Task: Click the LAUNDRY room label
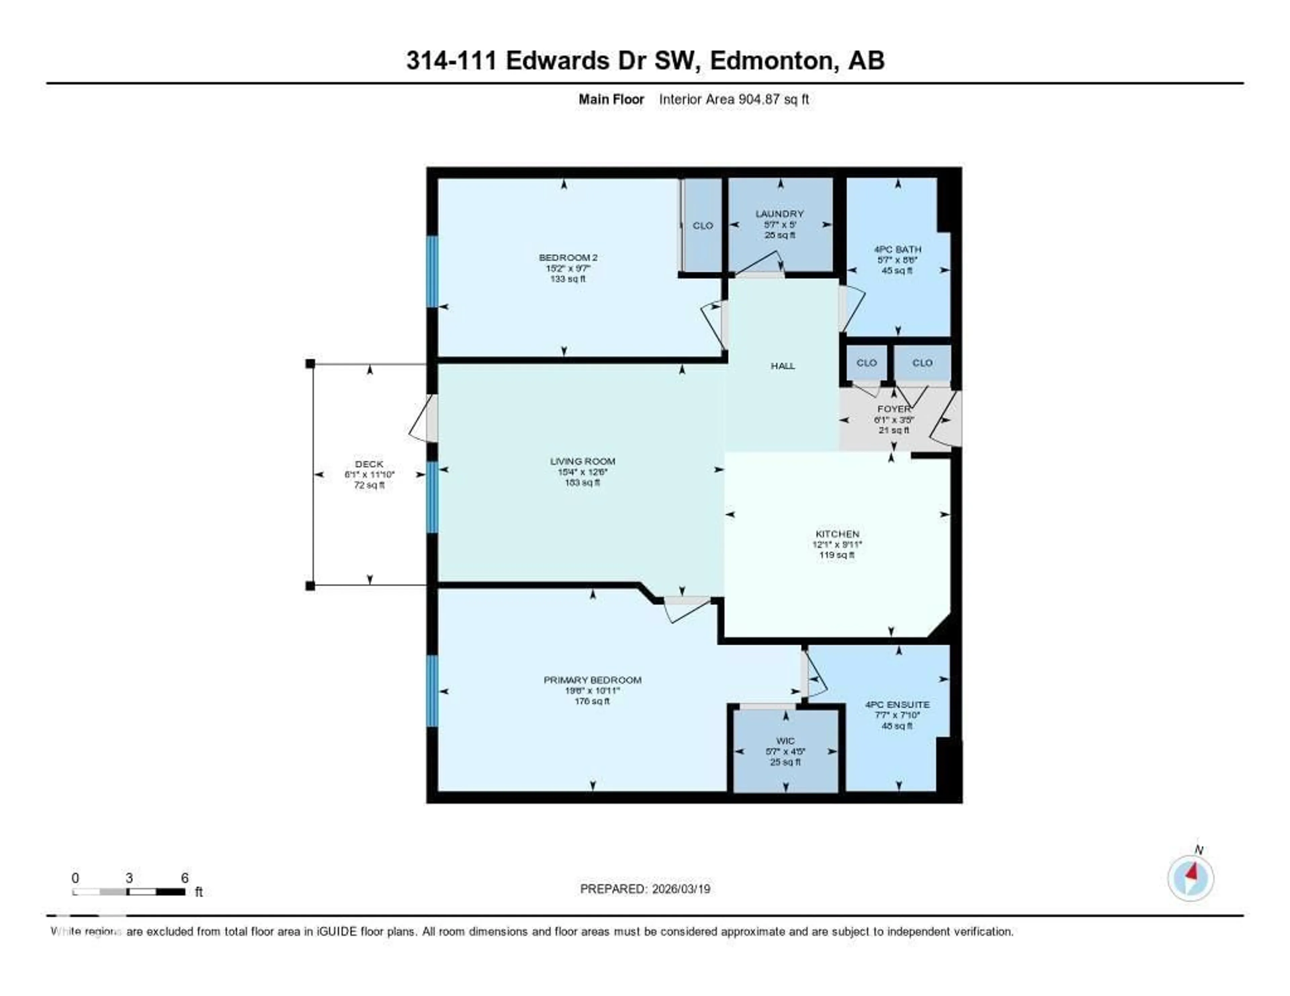780,214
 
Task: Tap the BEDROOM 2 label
568,258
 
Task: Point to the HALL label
783,366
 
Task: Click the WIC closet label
785,741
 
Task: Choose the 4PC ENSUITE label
897,704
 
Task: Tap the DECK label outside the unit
369,464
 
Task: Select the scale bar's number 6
184,878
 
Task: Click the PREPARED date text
645,889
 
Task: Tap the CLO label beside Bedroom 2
702,226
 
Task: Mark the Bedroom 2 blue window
432,272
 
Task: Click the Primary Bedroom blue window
432,691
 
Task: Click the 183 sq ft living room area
583,482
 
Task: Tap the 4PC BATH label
897,249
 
